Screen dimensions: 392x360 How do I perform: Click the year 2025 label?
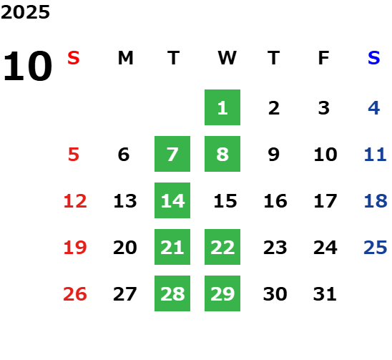pos(25,12)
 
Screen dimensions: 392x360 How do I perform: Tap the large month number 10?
pos(27,66)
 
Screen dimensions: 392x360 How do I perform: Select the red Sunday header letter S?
pos(74,58)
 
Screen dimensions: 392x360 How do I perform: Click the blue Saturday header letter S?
pos(374,58)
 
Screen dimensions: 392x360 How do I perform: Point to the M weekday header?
pos(125,58)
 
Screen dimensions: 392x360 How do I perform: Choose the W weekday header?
pos(227,58)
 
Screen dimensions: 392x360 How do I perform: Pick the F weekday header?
pos(324,58)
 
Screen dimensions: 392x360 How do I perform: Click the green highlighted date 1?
pos(222,107)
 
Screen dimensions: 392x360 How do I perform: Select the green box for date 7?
pos(172,154)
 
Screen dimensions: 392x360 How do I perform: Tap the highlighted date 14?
pos(172,200)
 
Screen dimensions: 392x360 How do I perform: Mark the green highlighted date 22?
pos(222,247)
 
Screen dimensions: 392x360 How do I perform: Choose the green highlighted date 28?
pos(172,293)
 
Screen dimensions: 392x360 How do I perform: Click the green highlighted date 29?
pos(222,293)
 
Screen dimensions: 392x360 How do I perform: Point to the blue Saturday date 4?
pos(374,108)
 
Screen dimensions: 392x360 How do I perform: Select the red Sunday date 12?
pos(75,201)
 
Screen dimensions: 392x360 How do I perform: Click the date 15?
pos(225,201)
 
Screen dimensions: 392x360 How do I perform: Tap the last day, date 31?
pos(325,294)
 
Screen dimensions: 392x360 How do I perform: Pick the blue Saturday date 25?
pos(376,248)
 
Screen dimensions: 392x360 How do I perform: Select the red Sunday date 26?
pos(75,294)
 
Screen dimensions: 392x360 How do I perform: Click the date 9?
pos(274,155)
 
